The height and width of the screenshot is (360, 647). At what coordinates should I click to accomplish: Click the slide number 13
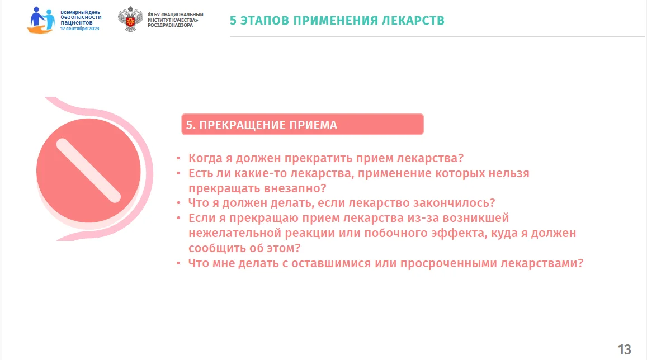click(624, 350)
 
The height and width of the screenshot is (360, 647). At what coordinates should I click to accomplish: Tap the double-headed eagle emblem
click(130, 19)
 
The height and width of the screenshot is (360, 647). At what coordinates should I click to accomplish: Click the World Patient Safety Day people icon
click(41, 20)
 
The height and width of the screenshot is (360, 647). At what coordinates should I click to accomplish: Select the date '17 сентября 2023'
click(80, 29)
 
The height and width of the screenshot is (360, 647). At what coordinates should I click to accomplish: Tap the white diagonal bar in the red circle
click(88, 170)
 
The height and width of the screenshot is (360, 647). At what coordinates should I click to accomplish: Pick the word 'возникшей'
click(476, 218)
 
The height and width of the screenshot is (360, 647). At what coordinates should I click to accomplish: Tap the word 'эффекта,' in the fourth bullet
click(459, 234)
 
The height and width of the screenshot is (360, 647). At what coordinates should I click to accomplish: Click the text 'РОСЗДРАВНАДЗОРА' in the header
click(170, 26)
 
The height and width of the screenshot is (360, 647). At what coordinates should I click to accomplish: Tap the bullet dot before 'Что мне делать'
click(178, 263)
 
